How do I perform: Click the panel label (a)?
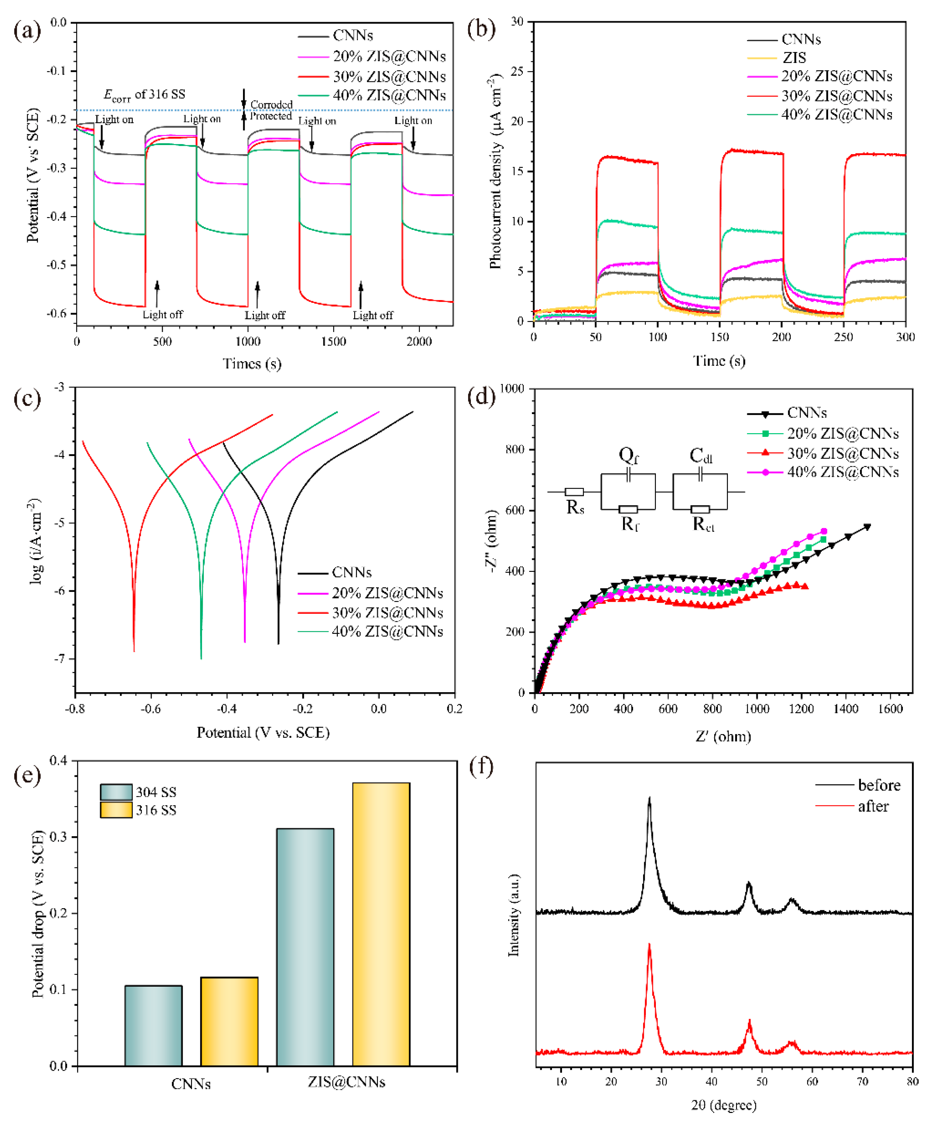[27, 30]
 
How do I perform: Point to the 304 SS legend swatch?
[116, 792]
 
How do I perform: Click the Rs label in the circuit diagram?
[575, 507]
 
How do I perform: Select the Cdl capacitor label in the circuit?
[700, 455]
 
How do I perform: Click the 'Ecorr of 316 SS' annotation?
[144, 95]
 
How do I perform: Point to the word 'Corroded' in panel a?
[271, 104]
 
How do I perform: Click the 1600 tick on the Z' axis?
[890, 709]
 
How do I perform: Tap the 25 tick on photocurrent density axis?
[517, 71]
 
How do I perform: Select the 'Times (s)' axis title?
[252, 363]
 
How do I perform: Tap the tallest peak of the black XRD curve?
[649, 799]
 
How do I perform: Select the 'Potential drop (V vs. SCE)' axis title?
[38, 913]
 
